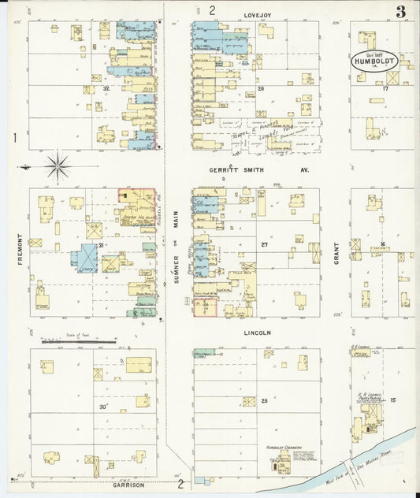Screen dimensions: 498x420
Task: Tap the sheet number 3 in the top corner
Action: [400, 11]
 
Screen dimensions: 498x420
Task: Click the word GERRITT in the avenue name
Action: [224, 169]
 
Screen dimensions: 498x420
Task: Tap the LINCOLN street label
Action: [256, 333]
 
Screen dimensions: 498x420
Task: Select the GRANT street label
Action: [335, 252]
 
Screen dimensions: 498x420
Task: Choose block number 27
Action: [266, 245]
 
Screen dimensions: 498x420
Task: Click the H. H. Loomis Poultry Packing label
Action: [370, 397]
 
